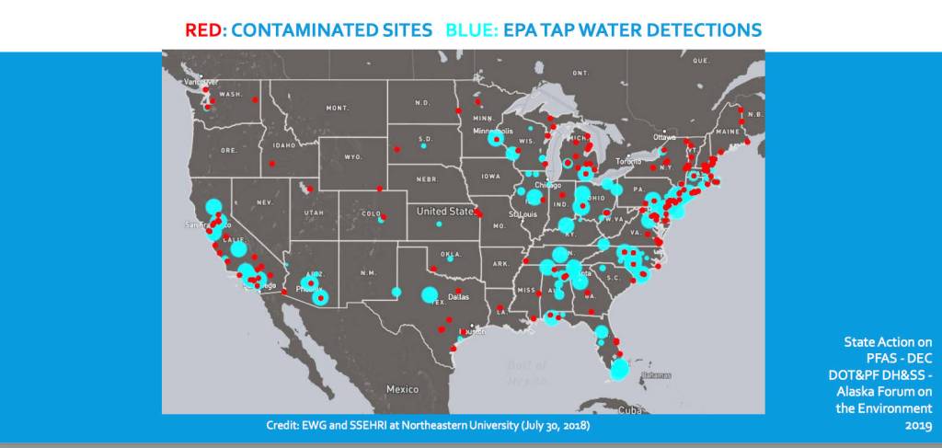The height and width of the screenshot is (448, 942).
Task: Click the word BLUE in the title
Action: tap(470, 29)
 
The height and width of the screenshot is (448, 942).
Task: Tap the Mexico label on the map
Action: tap(402, 389)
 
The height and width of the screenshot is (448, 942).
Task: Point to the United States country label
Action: tap(444, 212)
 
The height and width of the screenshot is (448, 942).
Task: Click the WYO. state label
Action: tap(353, 157)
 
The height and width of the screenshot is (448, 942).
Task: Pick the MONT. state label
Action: tap(338, 108)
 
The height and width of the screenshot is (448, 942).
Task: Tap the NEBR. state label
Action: tap(426, 178)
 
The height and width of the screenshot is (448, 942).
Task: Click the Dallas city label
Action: tap(459, 297)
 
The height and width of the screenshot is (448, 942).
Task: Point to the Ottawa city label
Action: tap(664, 137)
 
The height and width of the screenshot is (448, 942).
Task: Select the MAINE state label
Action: tap(728, 132)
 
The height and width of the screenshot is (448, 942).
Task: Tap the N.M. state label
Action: tap(368, 273)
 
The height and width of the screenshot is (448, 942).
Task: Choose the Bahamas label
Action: tap(656, 375)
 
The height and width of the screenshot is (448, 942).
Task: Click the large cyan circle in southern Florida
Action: tap(620, 369)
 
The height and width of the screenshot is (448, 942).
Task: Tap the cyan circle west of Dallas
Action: tap(429, 295)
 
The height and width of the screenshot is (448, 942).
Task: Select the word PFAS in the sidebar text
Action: tap(866, 357)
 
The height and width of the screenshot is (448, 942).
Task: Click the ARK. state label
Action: tap(500, 264)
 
